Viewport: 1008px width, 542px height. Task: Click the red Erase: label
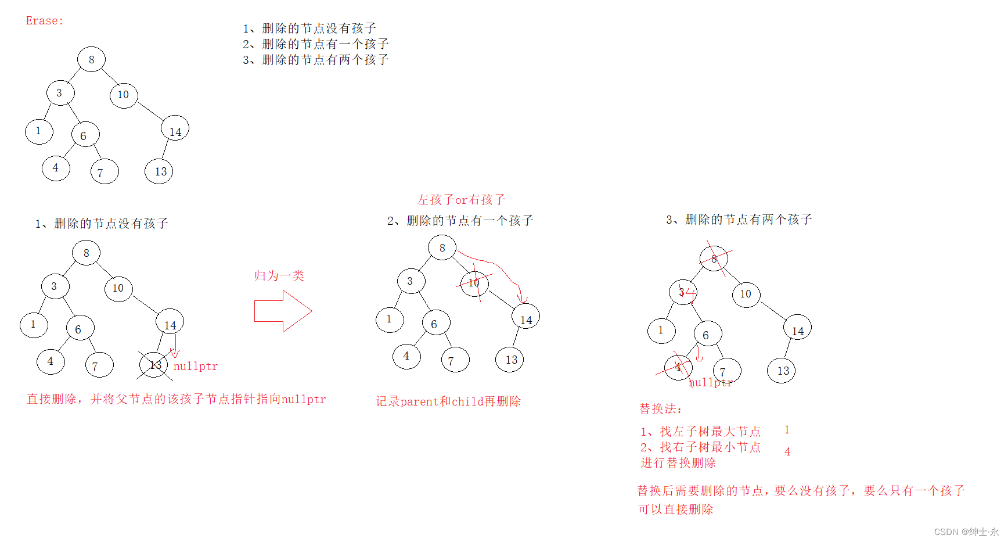coord(44,21)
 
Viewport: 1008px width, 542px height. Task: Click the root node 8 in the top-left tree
coord(91,59)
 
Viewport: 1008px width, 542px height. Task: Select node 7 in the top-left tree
coord(105,172)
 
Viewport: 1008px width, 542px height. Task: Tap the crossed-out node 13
coord(154,365)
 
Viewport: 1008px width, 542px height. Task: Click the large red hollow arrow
coord(283,311)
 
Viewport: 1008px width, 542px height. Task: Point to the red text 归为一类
coord(279,275)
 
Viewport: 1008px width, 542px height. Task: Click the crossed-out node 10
coord(474,283)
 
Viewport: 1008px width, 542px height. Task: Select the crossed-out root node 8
coord(714,259)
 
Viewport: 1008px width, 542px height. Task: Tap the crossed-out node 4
coord(678,367)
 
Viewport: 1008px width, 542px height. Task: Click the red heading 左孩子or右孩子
coord(461,200)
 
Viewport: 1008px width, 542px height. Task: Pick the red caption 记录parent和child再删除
coord(448,401)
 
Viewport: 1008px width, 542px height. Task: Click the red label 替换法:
coord(661,409)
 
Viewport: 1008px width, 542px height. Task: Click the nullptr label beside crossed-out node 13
coord(196,367)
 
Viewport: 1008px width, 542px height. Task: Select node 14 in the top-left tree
coord(175,129)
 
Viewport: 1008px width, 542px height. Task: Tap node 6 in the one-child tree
coord(435,324)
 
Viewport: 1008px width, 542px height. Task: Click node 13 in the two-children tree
coord(782,371)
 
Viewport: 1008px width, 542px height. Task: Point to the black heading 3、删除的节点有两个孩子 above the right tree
coord(739,220)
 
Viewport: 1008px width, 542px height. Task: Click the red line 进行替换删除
coord(678,463)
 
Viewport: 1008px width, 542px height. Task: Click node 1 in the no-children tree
coord(34,325)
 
